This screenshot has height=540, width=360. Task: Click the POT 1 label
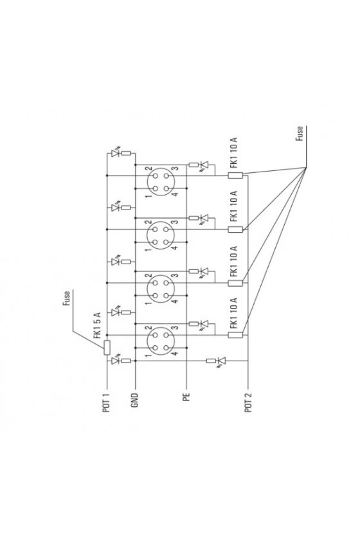107,403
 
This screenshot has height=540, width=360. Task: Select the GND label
134,401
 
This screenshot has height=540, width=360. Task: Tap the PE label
186,397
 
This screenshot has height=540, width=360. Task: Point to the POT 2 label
248,402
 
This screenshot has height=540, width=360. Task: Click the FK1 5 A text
98,325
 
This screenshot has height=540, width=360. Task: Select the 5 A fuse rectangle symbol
107,348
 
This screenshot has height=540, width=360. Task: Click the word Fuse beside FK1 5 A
66,298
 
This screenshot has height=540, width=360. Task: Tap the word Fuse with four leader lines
300,133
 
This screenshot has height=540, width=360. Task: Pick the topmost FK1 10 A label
234,152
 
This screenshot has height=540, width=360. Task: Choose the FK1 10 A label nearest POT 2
233,313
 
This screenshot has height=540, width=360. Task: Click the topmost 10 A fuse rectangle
235,175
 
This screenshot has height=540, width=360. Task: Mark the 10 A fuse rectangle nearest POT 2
235,335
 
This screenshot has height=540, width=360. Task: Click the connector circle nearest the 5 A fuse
161,341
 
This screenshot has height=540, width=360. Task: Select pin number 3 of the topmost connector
175,168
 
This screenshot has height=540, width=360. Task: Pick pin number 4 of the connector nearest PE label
175,354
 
